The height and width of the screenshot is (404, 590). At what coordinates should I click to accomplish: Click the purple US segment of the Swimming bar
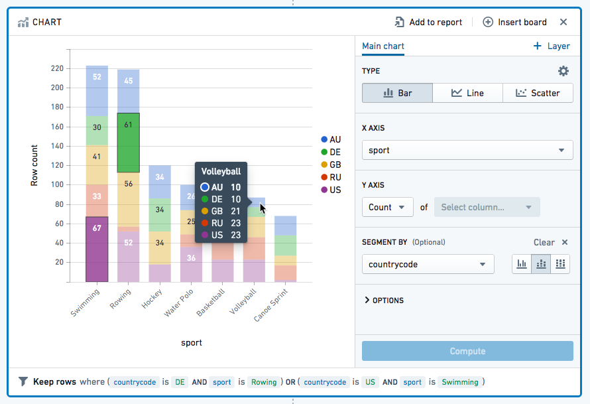pyautogui.click(x=97, y=249)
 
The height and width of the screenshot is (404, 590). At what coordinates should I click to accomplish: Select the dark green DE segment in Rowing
pyautogui.click(x=129, y=143)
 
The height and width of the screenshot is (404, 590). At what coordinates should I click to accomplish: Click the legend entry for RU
pyautogui.click(x=331, y=177)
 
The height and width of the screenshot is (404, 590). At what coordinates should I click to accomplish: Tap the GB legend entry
pyautogui.click(x=331, y=165)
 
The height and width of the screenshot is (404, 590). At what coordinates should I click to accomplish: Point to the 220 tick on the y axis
pyautogui.click(x=57, y=68)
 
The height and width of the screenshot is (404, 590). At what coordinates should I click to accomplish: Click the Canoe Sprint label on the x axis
pyautogui.click(x=271, y=305)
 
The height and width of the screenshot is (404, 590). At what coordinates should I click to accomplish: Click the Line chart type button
pyautogui.click(x=468, y=93)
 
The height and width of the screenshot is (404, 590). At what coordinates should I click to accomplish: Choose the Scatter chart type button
pyautogui.click(x=538, y=93)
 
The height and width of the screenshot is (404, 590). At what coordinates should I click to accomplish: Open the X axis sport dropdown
pyautogui.click(x=467, y=150)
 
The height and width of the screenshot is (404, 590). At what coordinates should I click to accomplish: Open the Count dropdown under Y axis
pyautogui.click(x=388, y=207)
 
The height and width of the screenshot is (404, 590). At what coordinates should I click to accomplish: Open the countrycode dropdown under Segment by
pyautogui.click(x=428, y=264)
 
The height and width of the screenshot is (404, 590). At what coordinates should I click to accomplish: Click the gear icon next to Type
pyautogui.click(x=563, y=71)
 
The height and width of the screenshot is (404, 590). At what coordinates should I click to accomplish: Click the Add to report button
pyautogui.click(x=428, y=22)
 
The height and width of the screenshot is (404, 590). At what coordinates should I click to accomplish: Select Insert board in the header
pyautogui.click(x=514, y=22)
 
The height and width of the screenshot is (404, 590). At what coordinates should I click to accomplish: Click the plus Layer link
pyautogui.click(x=552, y=46)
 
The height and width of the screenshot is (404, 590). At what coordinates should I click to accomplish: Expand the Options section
pyautogui.click(x=384, y=300)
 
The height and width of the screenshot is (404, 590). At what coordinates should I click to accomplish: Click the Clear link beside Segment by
pyautogui.click(x=544, y=242)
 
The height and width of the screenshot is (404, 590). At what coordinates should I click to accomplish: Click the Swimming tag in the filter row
pyautogui.click(x=460, y=382)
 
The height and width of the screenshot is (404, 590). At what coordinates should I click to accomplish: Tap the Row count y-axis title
pyautogui.click(x=34, y=165)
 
